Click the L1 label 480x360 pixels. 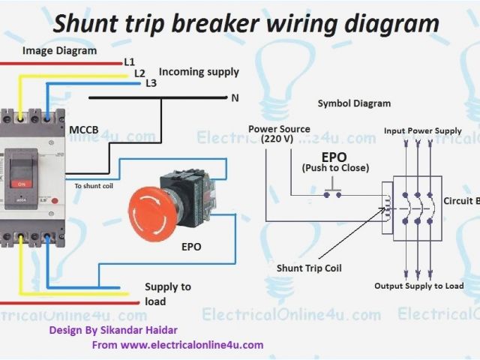pyautogui.click(x=128, y=61)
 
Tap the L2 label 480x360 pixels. pyautogui.click(x=139, y=73)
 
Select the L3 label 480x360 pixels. pyautogui.click(x=151, y=83)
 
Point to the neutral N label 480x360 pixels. pyautogui.click(x=234, y=98)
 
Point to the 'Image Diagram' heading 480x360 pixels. pyautogui.click(x=59, y=51)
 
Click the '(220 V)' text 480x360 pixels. pyautogui.click(x=278, y=139)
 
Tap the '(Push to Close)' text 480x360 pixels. pyautogui.click(x=335, y=168)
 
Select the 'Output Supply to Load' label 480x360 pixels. pyautogui.click(x=419, y=286)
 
